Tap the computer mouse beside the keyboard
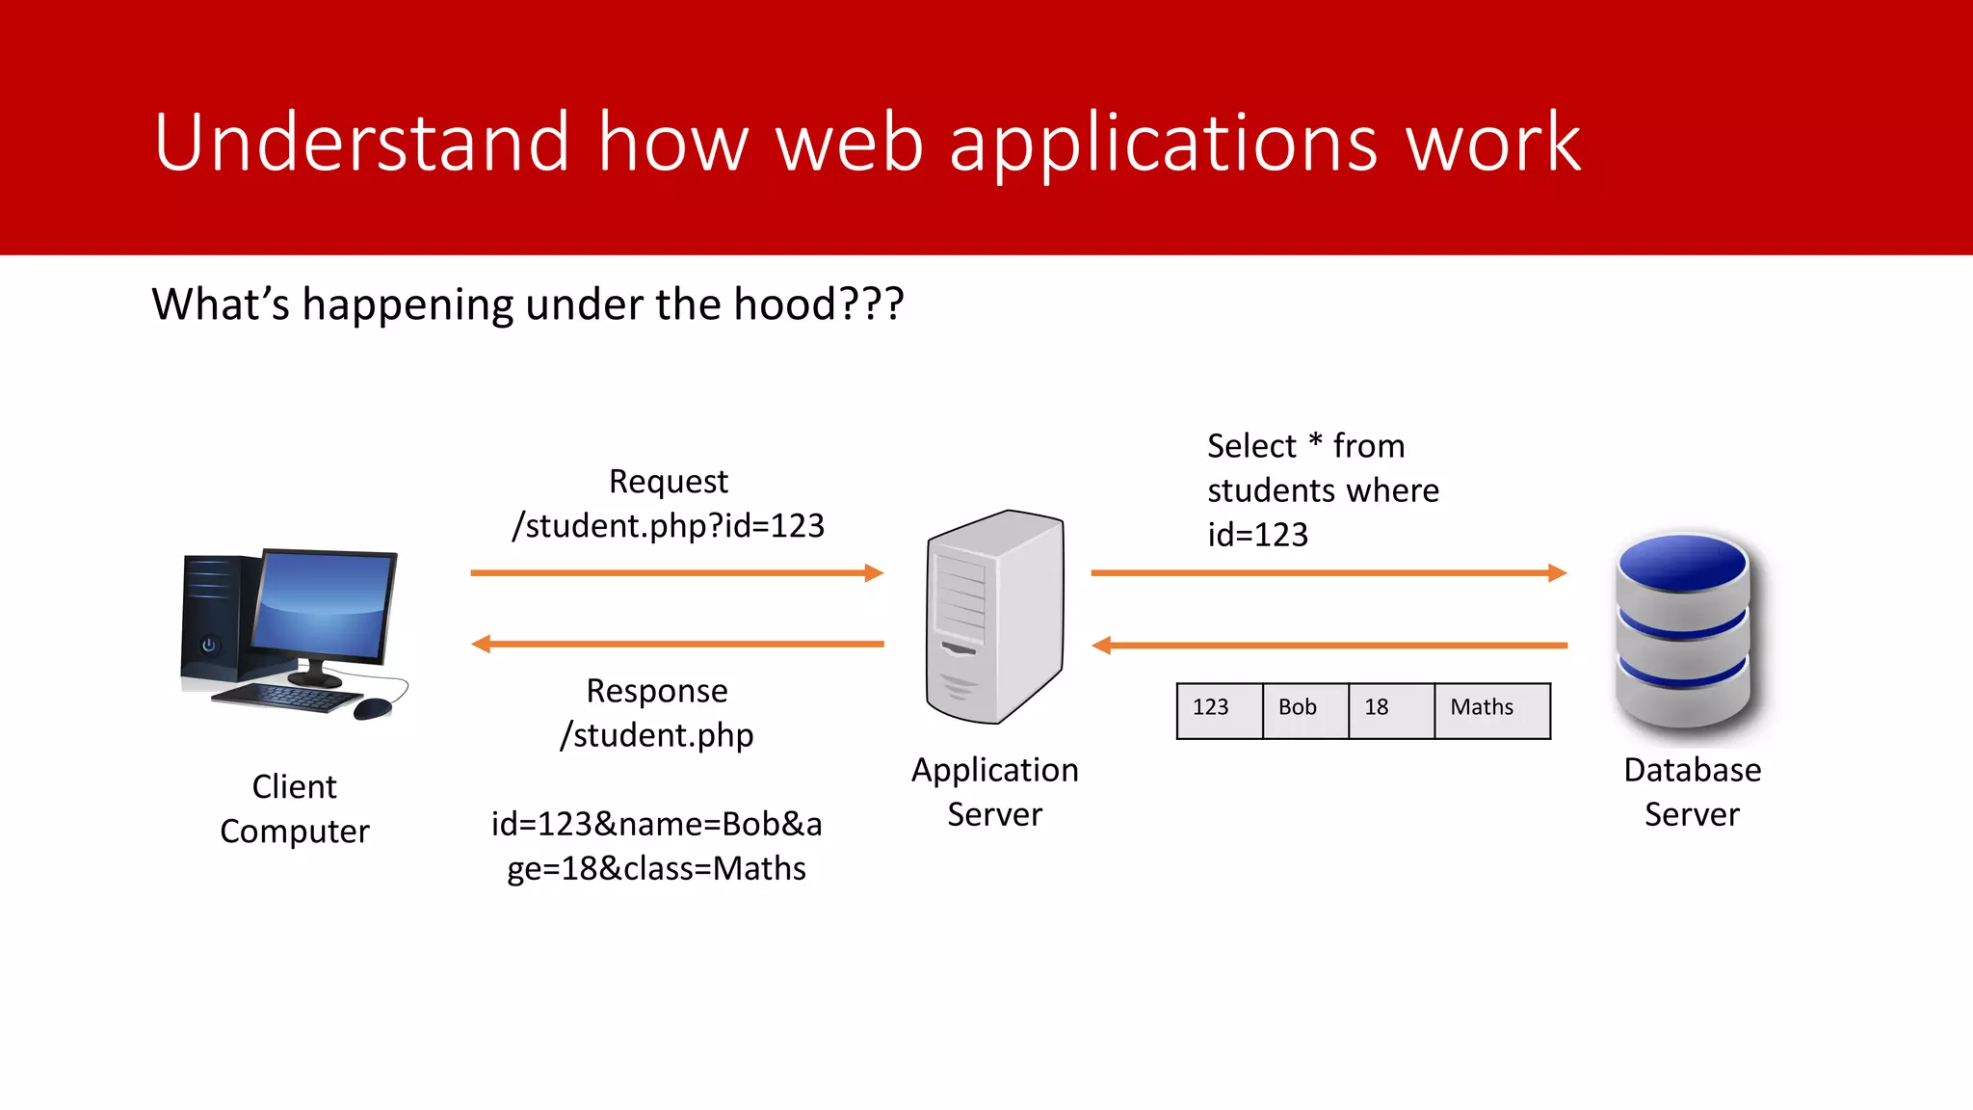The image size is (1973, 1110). coord(373,709)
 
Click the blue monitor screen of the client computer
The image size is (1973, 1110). coord(323,605)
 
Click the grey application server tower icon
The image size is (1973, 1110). coord(995,617)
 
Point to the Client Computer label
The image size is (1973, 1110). coord(294,808)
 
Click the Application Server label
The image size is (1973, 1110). coord(994,792)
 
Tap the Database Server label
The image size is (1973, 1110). coord(1692,792)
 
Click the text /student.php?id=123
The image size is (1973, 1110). coord(669,526)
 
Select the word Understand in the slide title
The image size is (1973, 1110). coord(362,143)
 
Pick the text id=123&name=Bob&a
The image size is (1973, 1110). coord(656,825)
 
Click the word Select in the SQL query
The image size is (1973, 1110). coord(1250,446)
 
